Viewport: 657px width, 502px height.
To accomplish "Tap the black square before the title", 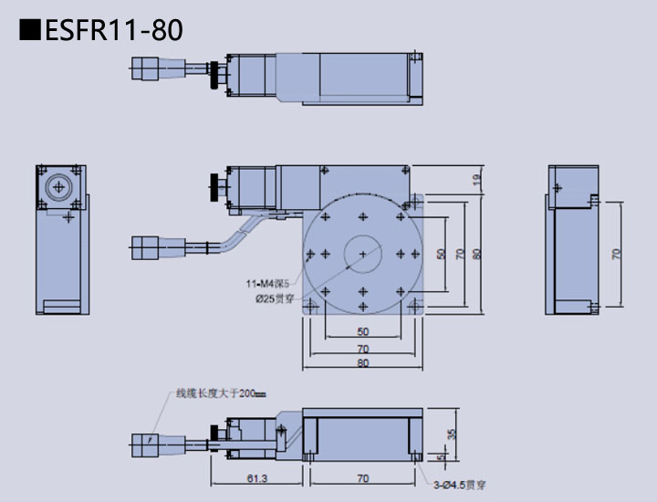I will point(29,30).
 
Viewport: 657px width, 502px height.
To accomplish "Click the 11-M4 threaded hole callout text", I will point(272,283).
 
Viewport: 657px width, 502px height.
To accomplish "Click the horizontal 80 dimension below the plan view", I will point(363,363).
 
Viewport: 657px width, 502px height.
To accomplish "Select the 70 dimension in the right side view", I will point(616,254).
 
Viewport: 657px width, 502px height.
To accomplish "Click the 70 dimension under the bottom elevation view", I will point(362,477).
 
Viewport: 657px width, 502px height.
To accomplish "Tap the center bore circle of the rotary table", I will point(363,253).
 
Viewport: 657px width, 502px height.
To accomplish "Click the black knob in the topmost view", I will point(216,76).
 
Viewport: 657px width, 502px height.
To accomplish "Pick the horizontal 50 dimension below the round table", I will point(363,330).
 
